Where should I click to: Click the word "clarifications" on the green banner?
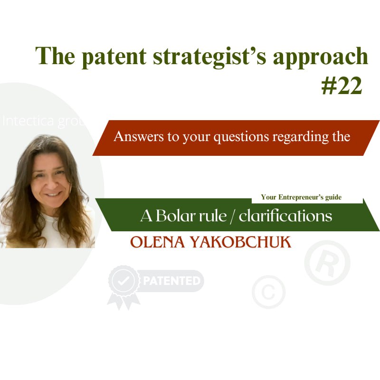pos(285,216)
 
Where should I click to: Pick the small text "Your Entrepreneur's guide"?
pos(301,197)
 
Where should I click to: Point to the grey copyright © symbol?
pos(268,292)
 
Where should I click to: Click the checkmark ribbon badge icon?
pos(123,284)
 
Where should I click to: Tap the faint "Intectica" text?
pos(28,121)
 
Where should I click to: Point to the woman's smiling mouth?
pos(53,194)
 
